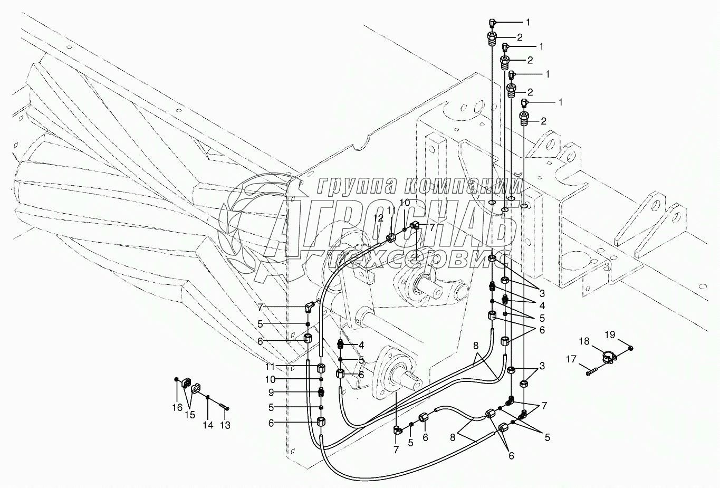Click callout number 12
click(378, 218)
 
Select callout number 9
click(271, 393)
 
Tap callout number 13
click(225, 425)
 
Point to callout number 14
click(208, 425)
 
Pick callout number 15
click(190, 415)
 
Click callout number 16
click(177, 408)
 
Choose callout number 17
click(571, 359)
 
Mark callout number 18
click(584, 341)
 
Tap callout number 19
click(610, 334)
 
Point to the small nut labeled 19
click(631, 348)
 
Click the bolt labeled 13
click(224, 407)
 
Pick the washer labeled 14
click(208, 397)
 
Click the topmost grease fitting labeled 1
click(492, 23)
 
